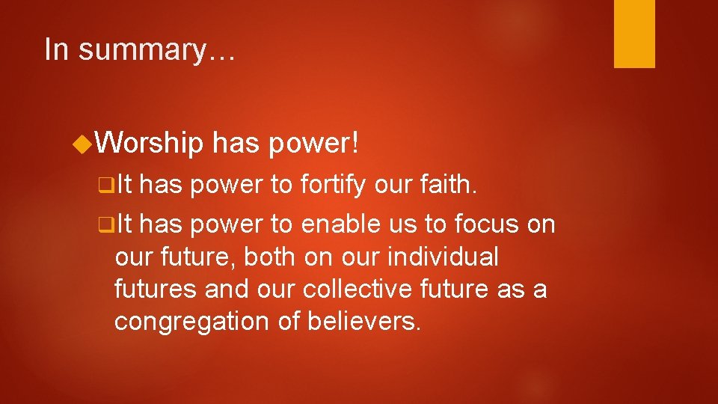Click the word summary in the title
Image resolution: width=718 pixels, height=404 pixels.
157,50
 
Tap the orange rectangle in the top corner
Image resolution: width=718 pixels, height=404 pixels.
634,34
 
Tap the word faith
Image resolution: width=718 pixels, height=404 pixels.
447,185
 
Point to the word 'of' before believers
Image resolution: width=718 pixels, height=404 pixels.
289,321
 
